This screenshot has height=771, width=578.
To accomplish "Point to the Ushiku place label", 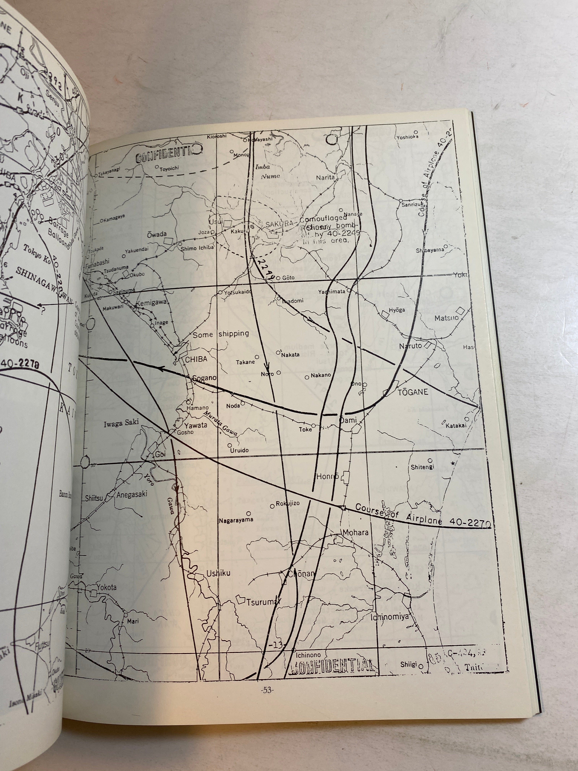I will click(218, 573).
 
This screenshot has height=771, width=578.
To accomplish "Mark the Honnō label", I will click(327, 476).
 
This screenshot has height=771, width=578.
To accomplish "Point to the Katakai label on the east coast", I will click(456, 425).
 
